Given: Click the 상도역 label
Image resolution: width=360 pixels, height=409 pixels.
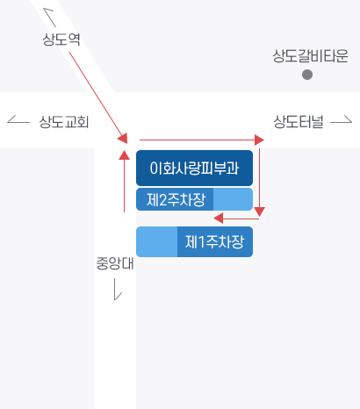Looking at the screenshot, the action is point(61,39).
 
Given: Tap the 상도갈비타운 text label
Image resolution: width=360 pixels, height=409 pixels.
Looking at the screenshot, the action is point(310,56).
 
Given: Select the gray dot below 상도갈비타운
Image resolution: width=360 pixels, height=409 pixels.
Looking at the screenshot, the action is point(307,75).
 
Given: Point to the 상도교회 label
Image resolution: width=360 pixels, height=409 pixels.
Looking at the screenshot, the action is point(64,122).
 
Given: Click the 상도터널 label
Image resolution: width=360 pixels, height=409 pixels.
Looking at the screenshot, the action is point(299,122).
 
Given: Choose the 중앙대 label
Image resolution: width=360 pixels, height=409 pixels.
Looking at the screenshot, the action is point(115,263).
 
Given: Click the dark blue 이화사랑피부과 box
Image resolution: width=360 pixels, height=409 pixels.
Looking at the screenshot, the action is point(194,168).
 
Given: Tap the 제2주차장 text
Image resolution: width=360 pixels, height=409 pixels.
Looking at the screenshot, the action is point(176,200).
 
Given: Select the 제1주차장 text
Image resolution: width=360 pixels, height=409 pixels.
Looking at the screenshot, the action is point(214,242).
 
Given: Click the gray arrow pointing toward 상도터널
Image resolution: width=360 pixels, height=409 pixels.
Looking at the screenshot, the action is point(342,119).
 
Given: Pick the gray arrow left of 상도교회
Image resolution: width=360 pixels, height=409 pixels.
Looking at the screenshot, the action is point(18,119).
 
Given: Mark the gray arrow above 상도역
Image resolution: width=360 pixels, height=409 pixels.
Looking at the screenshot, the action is point(49,17).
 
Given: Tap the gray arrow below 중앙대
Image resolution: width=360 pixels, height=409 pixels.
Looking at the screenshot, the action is point(117,289).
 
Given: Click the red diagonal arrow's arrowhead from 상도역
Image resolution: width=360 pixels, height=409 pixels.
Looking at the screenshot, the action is point(124,138).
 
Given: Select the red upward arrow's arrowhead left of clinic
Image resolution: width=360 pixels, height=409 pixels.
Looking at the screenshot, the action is point(125,154).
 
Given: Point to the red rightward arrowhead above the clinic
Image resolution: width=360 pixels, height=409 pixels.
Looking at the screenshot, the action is point(259,140).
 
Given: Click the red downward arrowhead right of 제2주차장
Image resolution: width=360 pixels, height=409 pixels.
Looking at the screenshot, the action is point(259,212).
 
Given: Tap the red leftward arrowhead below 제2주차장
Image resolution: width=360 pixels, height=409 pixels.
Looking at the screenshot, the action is point(219,219).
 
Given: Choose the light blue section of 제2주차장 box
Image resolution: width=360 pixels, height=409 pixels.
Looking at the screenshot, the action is point(233,199).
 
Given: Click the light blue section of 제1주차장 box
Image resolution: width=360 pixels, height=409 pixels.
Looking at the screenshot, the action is point(157,241).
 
